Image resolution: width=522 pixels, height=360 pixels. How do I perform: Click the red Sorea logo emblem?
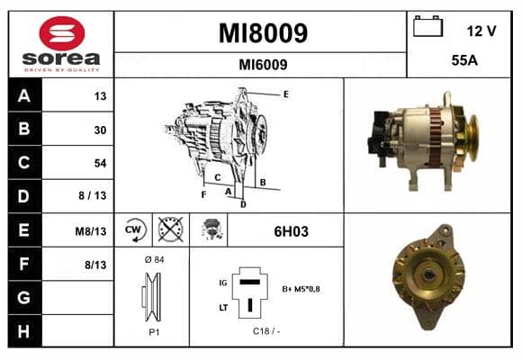62,33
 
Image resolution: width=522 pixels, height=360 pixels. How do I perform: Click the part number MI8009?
263,33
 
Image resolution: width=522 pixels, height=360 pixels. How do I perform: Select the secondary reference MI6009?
263,65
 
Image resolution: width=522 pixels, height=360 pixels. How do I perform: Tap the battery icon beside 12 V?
427,26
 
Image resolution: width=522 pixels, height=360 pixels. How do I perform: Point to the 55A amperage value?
464,60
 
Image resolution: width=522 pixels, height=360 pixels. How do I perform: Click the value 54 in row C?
100,163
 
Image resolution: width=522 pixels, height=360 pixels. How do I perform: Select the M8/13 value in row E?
91,231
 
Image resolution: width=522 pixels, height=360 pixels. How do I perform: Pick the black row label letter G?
23,297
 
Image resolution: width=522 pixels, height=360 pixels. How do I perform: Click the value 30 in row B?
100,130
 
